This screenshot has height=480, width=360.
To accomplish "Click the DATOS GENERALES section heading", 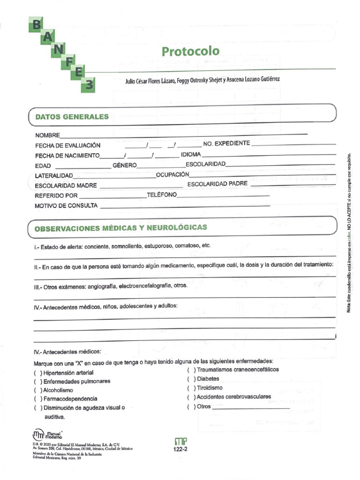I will tap(72, 117).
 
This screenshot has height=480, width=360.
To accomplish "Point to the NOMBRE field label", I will tap(47, 135).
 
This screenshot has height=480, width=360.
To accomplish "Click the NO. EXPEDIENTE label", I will tap(226, 143).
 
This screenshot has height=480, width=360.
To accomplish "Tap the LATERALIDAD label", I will tap(54, 175).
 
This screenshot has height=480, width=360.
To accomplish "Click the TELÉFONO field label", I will tap(162, 195).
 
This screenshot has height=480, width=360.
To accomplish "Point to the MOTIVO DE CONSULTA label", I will tap(66, 205).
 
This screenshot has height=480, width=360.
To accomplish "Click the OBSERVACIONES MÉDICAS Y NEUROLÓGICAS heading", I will tap(120, 228).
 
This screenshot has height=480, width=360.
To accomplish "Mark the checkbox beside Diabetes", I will tap(191, 379).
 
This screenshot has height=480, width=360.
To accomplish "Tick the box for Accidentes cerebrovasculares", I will tap(191, 397).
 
